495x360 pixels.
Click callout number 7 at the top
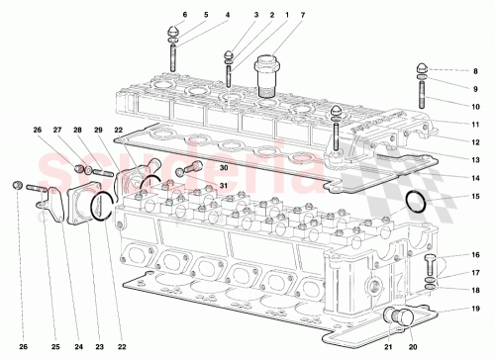(274, 16)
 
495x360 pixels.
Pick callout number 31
(223, 186)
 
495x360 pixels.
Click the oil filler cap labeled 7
(266, 73)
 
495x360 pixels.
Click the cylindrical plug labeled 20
(403, 316)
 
